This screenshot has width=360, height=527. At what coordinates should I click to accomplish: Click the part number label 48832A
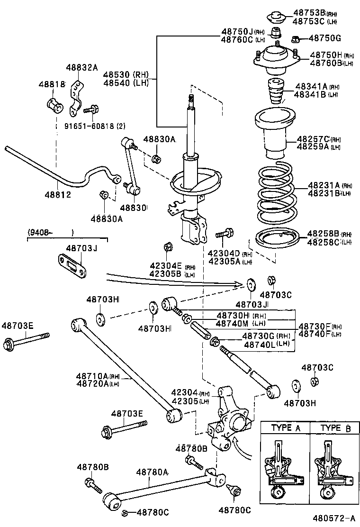pos(81,68)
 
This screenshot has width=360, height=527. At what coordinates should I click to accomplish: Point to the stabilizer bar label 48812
pos(58,194)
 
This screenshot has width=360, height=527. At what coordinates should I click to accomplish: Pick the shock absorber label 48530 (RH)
pos(126,74)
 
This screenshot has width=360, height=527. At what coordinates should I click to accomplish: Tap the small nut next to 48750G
pos(295,39)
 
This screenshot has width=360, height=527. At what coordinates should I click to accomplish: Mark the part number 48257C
pos(313,139)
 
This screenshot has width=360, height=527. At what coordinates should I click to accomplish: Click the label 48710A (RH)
pos(98,376)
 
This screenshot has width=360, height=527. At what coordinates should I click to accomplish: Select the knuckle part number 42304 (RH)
pos(185,392)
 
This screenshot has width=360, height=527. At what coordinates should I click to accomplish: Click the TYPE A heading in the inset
pos(286,428)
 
